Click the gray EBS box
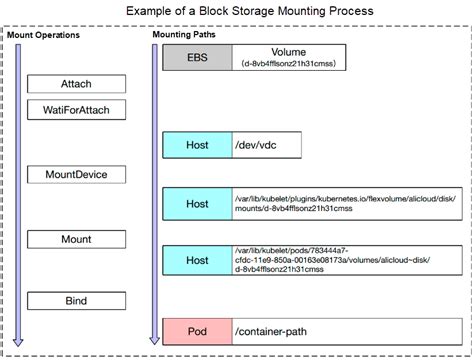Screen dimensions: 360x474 tap(196, 56)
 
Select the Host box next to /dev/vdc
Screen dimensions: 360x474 tap(196, 145)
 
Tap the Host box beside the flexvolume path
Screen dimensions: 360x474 tap(196, 203)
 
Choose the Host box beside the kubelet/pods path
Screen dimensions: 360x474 tap(196, 260)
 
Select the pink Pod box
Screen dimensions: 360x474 tap(196, 330)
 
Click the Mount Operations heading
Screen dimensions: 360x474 tap(44, 35)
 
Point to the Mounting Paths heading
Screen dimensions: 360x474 tap(187, 35)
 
